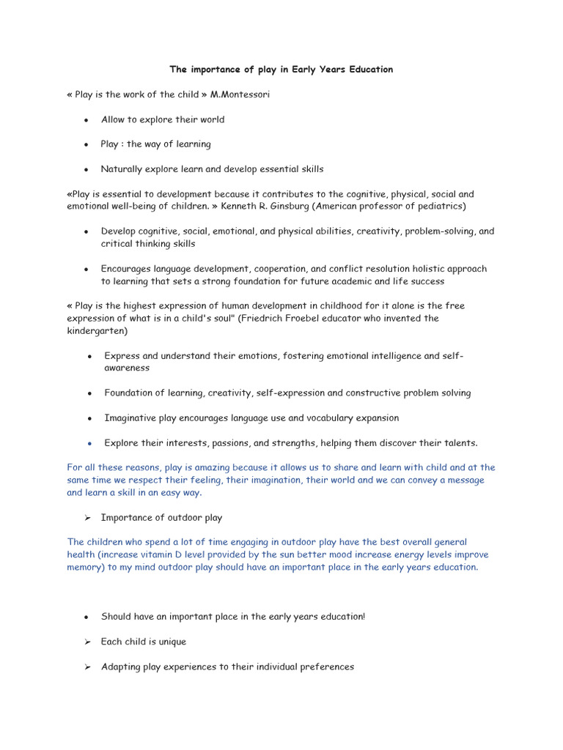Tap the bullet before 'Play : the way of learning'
87,145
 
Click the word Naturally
121,169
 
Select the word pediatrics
438,207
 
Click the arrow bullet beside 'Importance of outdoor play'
87,518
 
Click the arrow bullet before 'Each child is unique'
87,642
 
